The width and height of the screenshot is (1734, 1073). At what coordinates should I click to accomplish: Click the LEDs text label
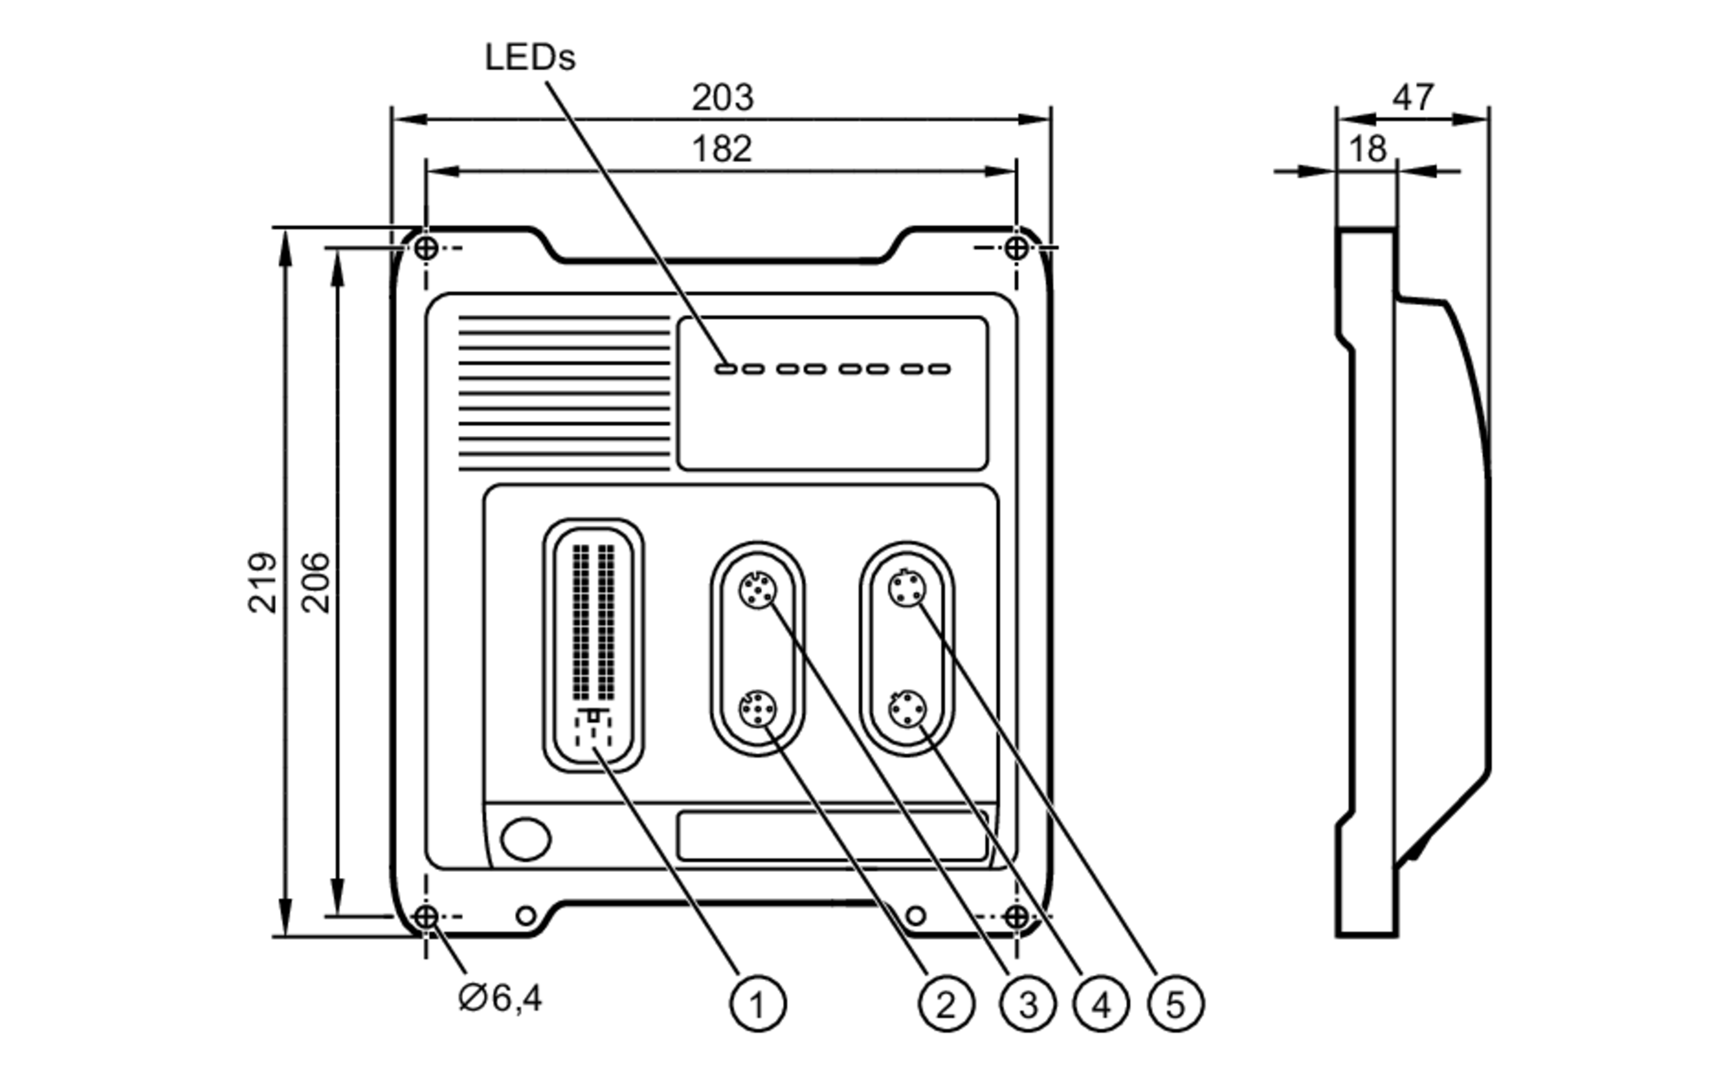[x=530, y=58]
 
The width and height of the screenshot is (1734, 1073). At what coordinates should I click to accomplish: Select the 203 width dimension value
[x=722, y=97]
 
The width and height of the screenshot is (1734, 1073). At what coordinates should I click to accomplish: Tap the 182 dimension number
[x=721, y=149]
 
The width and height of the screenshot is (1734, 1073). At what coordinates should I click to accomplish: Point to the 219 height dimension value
[x=262, y=582]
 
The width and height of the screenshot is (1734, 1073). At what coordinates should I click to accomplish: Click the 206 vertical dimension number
[x=316, y=582]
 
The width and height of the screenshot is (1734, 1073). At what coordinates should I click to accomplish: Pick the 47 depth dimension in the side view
[x=1413, y=96]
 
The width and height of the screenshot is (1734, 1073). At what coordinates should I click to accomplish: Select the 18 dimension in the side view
[x=1367, y=149]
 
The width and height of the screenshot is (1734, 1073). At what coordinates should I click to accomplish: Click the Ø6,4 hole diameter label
[x=500, y=998]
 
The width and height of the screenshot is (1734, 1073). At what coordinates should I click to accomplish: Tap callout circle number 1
[x=757, y=1005]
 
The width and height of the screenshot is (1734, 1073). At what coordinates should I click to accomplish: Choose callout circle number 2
[x=945, y=1005]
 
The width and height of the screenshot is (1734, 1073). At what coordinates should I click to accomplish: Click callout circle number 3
[x=1027, y=1005]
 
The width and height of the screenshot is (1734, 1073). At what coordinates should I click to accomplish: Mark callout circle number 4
[x=1101, y=1005]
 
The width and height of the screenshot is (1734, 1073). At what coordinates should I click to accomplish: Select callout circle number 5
[x=1175, y=1005]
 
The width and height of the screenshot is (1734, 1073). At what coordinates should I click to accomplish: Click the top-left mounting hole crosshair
[x=426, y=248]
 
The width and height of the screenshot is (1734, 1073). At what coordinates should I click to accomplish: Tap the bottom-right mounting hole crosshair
[x=1016, y=916]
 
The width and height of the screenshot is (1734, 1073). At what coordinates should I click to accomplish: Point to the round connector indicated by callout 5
[x=907, y=590]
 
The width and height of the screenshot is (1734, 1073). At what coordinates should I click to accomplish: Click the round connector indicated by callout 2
[x=757, y=710]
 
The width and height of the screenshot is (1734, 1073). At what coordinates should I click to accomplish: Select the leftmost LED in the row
[x=726, y=369]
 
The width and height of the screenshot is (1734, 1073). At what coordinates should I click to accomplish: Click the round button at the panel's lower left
[x=525, y=838]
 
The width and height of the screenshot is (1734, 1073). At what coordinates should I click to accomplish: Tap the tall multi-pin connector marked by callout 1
[x=594, y=646]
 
